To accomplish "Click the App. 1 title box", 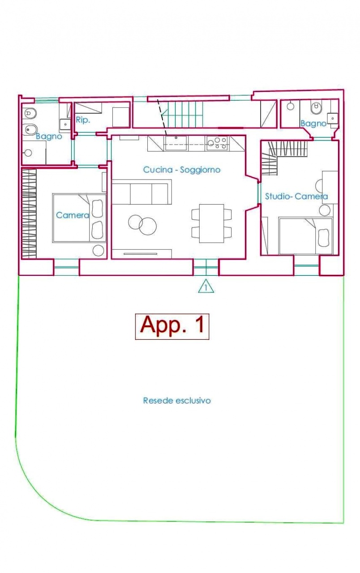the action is click(x=172, y=326).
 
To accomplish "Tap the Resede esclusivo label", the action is click(x=177, y=400).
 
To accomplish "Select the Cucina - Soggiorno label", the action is click(x=182, y=170).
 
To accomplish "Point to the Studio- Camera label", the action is click(x=296, y=196).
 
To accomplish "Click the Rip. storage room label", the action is click(x=83, y=120).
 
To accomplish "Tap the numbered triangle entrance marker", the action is click(x=206, y=286).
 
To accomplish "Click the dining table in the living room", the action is click(x=212, y=223).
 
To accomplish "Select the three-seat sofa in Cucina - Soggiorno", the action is click(x=142, y=192).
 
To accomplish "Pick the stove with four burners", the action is click(x=217, y=143).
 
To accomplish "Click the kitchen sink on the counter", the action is click(x=176, y=143).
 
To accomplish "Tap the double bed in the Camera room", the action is click(x=79, y=218).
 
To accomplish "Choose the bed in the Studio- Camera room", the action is click(x=306, y=236).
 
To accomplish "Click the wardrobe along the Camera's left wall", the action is click(x=29, y=214).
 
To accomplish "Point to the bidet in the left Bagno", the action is click(x=30, y=130).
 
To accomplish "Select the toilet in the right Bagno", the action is click(x=316, y=107).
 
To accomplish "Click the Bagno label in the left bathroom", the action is click(x=49, y=137).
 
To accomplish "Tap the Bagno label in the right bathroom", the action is click(x=313, y=124).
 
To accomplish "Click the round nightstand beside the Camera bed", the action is click(x=98, y=251).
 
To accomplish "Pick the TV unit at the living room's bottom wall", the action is click(x=142, y=254).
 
